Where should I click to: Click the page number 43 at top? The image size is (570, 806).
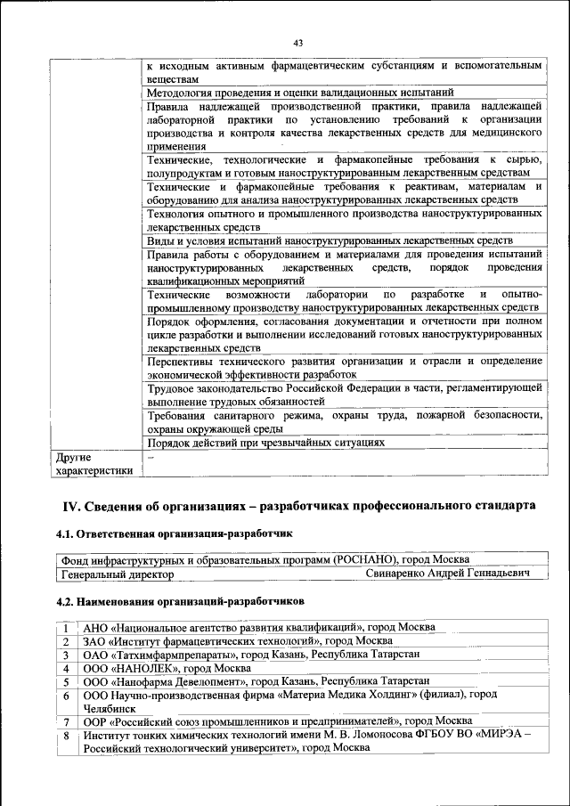(297, 43)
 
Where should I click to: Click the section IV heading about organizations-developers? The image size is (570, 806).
(298, 506)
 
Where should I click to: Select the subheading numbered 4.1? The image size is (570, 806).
(175, 533)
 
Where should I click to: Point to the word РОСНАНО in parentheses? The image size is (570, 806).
(365, 560)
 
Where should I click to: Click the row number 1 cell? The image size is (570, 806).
(66, 628)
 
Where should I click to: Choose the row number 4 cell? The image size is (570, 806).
(66, 668)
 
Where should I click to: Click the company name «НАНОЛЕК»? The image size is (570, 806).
(148, 668)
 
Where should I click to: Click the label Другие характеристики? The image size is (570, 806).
(94, 463)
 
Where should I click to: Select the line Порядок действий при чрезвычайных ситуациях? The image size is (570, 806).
(265, 442)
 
